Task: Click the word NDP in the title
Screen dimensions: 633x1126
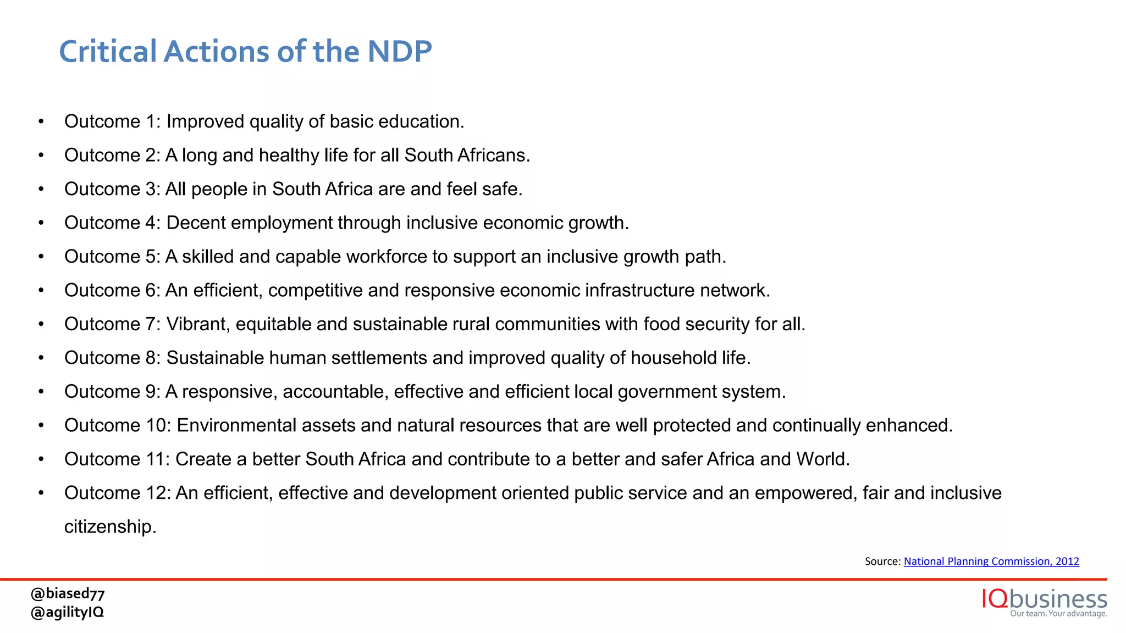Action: point(399,52)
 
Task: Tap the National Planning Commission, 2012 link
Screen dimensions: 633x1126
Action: point(991,561)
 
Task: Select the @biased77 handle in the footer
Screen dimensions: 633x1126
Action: point(68,593)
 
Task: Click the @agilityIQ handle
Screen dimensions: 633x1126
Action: point(68,612)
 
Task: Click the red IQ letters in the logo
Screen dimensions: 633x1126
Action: point(995,598)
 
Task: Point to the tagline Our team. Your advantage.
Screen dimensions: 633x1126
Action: point(1058,613)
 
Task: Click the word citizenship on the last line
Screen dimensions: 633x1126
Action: point(110,526)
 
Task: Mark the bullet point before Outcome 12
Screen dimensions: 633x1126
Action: point(41,493)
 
